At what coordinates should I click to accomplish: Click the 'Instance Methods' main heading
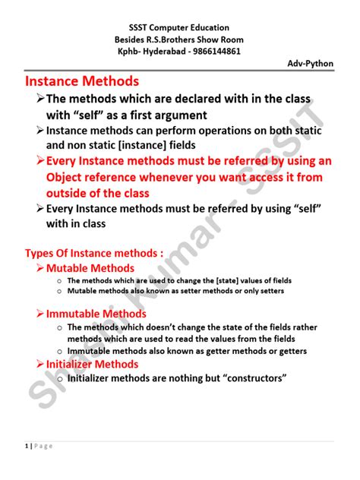tap(83, 81)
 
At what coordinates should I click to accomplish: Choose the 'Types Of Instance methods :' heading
tap(94, 253)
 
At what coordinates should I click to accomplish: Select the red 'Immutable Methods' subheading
tap(96, 313)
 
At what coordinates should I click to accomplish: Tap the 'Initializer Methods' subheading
tap(92, 365)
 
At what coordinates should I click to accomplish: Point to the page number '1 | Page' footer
tap(37, 446)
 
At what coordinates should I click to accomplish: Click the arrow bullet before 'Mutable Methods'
tap(39, 268)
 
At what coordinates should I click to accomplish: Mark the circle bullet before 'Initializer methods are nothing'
tap(58, 378)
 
